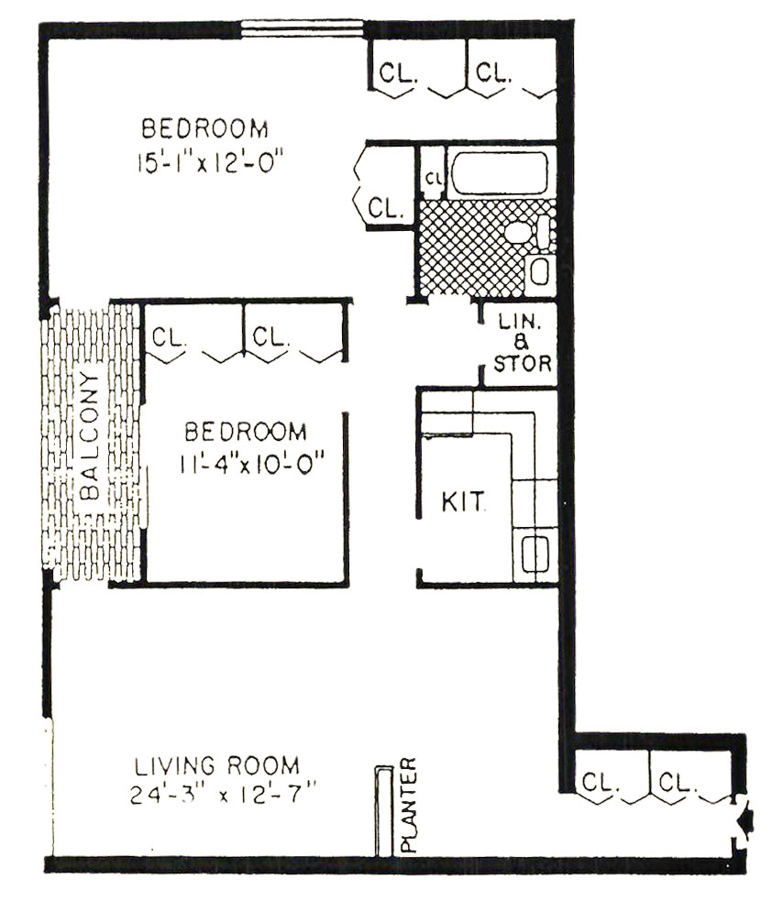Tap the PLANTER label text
coord(408,805)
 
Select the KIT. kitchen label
coord(463,501)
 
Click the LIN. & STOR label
coord(522,343)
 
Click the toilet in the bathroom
coord(527,232)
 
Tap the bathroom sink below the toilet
coord(540,270)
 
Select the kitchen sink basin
coord(535,554)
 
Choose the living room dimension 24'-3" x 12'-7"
coord(223,795)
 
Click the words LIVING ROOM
coord(216,766)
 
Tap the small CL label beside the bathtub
coord(433,179)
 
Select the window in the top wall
coord(302,29)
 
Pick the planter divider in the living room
coord(383,811)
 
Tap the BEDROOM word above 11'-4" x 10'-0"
coord(246,432)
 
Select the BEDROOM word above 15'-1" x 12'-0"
coord(204,128)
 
